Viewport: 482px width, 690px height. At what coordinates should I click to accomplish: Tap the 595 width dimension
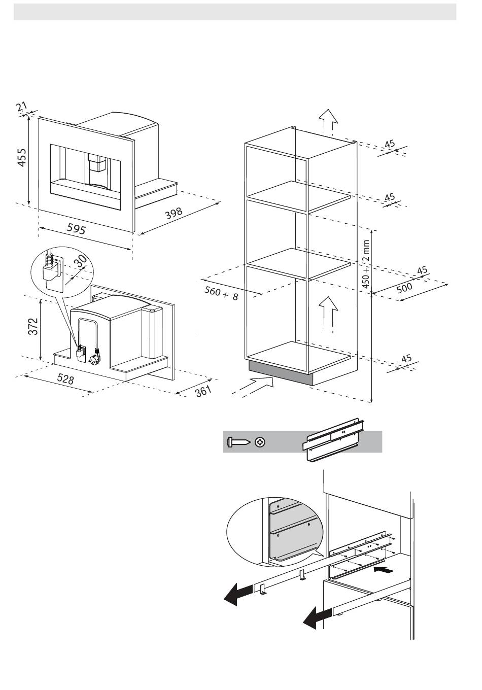76,228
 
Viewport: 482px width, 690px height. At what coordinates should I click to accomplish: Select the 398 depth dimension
174,213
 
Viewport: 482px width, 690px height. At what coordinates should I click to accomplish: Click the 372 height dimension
33,326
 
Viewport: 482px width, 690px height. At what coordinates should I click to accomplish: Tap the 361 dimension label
203,391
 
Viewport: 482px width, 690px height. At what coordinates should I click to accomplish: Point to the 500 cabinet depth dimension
404,288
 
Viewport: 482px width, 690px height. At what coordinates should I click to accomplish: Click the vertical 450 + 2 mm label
366,264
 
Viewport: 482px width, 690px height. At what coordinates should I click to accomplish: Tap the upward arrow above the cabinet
328,122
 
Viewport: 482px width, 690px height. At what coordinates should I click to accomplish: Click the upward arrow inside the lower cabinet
328,315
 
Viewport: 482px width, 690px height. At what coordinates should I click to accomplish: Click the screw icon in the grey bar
238,442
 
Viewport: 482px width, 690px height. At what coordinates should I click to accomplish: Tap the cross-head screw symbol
260,442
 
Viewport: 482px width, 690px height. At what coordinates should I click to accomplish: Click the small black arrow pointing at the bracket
384,571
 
